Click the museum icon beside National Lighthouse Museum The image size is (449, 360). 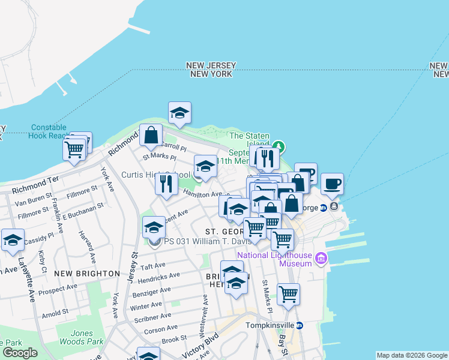(x=321, y=259)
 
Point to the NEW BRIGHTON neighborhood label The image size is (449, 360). (x=86, y=273)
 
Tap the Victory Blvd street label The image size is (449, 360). (x=198, y=347)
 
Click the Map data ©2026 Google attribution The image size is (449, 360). (x=411, y=355)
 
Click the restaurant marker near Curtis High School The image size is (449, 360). (x=166, y=183)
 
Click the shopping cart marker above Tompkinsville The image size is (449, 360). (x=288, y=295)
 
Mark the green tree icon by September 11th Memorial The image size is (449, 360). (x=277, y=146)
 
